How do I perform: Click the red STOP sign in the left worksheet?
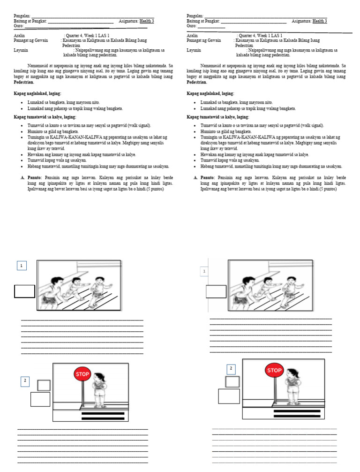click(82, 374)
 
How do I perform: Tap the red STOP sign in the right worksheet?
click(274, 370)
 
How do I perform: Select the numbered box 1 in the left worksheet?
click(21, 266)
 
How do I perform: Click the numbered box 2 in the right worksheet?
click(231, 369)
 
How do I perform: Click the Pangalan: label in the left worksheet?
click(22, 16)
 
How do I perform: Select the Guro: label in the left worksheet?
click(18, 26)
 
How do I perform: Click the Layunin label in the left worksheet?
click(21, 50)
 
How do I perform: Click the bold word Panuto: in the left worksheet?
click(34, 178)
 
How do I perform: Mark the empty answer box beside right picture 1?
click(216, 291)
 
